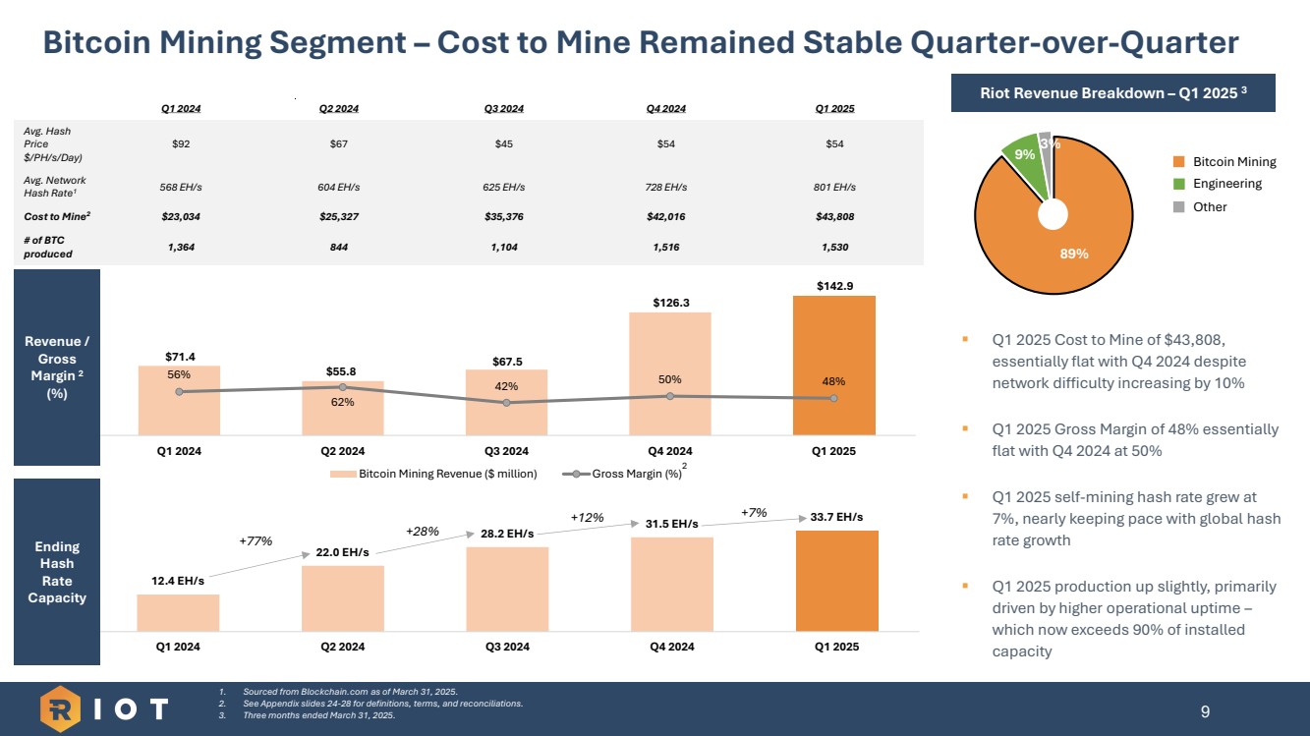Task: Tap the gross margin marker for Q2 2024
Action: click(342, 387)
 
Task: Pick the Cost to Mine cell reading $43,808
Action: click(833, 216)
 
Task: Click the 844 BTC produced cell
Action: click(343, 248)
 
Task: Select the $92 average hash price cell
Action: click(181, 144)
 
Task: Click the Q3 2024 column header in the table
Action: click(504, 108)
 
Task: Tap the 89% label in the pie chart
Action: click(1073, 253)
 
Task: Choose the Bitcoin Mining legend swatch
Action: click(1179, 162)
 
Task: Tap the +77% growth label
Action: click(256, 540)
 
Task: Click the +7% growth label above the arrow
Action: click(753, 512)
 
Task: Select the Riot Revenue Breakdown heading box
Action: click(1113, 93)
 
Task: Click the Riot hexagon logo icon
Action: click(61, 708)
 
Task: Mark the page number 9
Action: click(1206, 710)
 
